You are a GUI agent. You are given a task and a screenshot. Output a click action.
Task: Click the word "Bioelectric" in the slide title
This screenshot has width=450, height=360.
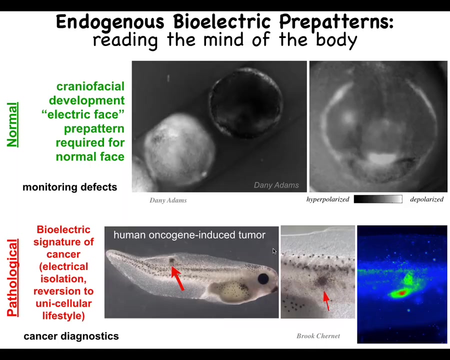(222, 21)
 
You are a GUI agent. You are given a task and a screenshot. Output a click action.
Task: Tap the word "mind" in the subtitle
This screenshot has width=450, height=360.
(223, 39)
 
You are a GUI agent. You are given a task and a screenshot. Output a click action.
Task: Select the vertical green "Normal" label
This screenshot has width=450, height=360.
(12, 124)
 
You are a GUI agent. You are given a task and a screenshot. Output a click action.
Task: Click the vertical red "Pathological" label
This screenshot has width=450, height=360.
(12, 277)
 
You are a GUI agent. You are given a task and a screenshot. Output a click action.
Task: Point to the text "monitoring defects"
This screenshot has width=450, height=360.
(69, 187)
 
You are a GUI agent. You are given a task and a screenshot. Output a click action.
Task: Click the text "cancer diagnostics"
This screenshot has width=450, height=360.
(71, 336)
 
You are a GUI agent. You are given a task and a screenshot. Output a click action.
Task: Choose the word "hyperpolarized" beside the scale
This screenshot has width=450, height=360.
(327, 199)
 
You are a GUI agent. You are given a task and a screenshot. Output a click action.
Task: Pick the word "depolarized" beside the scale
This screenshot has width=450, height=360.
(427, 199)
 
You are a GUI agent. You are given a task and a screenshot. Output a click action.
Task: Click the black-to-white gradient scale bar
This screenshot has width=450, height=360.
(378, 199)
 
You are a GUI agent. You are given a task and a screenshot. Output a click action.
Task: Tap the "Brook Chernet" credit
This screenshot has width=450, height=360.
(318, 336)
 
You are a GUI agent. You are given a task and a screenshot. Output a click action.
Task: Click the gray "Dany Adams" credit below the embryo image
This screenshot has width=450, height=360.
(168, 200)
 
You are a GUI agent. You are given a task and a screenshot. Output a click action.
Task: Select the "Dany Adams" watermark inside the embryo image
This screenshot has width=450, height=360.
(276, 185)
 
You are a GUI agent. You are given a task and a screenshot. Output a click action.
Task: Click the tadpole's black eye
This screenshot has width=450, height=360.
(263, 278)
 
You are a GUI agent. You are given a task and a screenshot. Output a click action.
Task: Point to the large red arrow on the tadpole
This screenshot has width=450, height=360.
(177, 278)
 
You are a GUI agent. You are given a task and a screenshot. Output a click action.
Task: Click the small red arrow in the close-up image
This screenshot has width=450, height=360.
(326, 301)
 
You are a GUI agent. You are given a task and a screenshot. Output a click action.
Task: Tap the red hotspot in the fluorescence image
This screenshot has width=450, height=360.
(402, 293)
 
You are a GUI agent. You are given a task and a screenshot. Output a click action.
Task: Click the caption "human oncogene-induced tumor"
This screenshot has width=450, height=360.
(189, 235)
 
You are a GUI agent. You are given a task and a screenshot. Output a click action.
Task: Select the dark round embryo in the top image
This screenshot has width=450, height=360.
(246, 102)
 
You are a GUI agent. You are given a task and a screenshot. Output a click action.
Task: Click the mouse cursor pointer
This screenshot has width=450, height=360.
(274, 251)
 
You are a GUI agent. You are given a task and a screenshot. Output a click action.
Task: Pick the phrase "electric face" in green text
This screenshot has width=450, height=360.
(83, 114)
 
